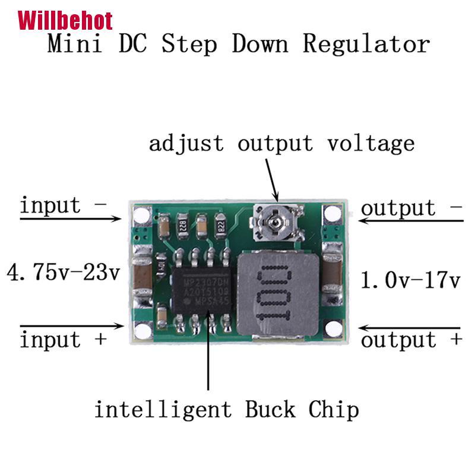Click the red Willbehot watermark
[65, 21]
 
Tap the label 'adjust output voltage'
[281, 144]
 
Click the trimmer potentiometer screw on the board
[275, 223]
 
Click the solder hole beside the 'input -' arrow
[141, 215]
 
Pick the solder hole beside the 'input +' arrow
[141, 328]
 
